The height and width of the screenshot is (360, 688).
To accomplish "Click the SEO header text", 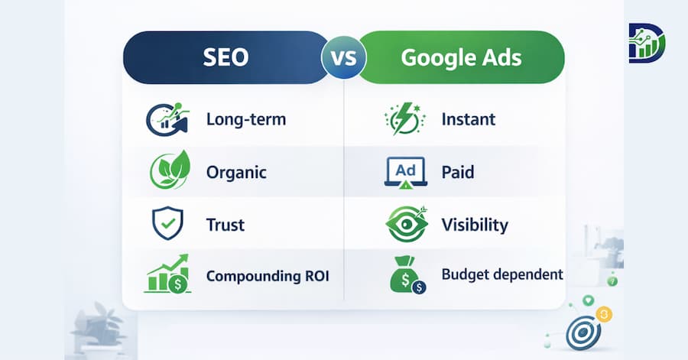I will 226,58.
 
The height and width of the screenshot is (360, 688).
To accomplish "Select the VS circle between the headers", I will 343,58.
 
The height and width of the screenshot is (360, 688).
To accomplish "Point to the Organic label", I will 236,172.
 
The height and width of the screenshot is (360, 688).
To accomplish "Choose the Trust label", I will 226,225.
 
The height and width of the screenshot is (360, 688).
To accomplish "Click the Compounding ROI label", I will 268,276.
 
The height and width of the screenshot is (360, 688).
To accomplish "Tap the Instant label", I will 469,119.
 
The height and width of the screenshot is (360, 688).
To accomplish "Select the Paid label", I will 458,172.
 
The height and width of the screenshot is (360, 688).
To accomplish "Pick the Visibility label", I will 475,225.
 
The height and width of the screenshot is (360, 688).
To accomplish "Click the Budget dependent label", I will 502,274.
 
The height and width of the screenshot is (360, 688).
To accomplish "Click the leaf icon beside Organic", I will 167,171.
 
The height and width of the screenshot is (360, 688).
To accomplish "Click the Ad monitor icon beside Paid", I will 404,173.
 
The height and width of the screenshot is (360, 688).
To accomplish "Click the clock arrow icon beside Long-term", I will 167,119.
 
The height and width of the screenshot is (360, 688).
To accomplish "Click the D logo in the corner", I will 647,43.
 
